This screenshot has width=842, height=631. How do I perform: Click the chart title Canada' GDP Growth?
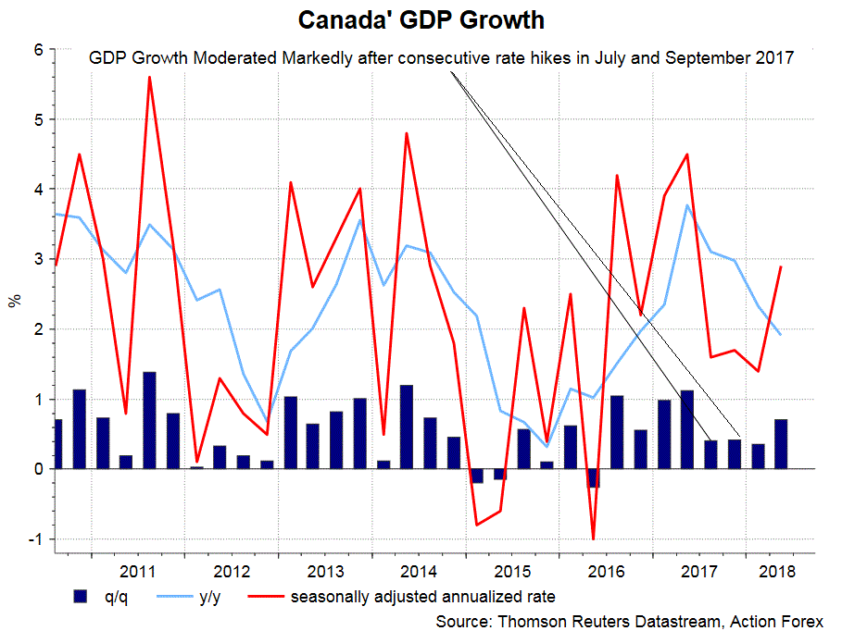point(421,19)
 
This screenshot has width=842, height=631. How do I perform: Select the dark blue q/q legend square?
point(81,596)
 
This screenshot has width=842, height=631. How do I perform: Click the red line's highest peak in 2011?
point(149,77)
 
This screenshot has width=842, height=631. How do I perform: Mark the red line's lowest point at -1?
point(592,538)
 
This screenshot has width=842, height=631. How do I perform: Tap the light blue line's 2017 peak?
point(686,204)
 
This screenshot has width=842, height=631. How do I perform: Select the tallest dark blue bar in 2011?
point(149,420)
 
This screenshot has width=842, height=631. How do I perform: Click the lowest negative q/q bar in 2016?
point(593,477)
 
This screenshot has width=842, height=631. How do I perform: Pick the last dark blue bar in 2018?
point(781,444)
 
